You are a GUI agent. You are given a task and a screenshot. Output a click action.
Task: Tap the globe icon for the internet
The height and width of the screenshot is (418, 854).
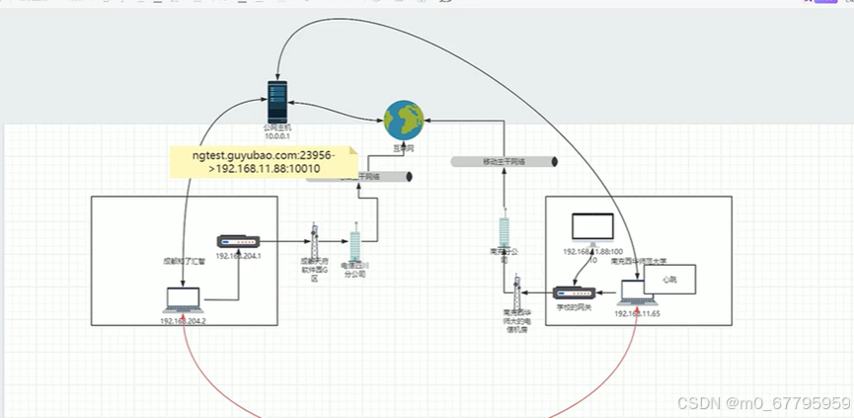[x=404, y=120]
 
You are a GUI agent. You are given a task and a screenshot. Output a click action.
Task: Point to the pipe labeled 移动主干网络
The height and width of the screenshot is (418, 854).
[x=504, y=161]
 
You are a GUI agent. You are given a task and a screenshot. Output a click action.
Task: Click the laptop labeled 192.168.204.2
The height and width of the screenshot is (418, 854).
[x=184, y=299]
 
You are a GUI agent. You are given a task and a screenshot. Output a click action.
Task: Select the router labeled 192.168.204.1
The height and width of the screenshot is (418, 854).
[x=238, y=242]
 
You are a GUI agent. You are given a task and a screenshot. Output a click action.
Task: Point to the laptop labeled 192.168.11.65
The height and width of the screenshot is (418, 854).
[x=636, y=293]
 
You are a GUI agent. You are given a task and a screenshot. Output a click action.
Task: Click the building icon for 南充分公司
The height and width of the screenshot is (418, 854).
[x=505, y=233]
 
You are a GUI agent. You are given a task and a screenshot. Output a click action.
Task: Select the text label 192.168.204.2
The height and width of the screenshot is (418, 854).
[x=183, y=321]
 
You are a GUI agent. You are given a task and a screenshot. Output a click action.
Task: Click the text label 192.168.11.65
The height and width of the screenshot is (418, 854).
[x=636, y=313]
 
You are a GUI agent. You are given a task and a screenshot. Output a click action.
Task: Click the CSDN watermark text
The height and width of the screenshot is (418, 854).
[x=760, y=403]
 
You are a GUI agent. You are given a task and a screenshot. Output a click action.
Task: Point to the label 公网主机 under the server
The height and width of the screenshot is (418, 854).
[x=279, y=127]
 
